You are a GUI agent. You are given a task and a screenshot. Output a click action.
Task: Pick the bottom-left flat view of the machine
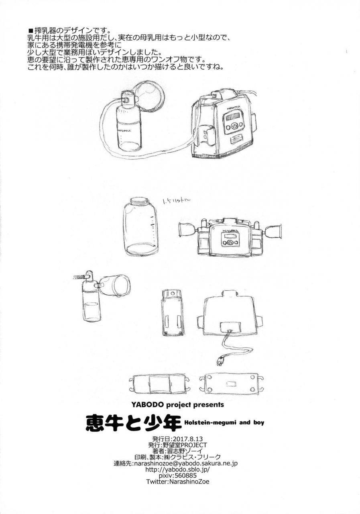pos(160,384)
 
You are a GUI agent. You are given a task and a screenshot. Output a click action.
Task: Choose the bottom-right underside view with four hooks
pos(231,384)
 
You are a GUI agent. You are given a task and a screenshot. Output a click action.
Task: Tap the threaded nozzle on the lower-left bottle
pos(81,277)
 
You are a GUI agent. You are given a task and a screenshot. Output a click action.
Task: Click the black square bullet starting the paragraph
pos(31,31)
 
